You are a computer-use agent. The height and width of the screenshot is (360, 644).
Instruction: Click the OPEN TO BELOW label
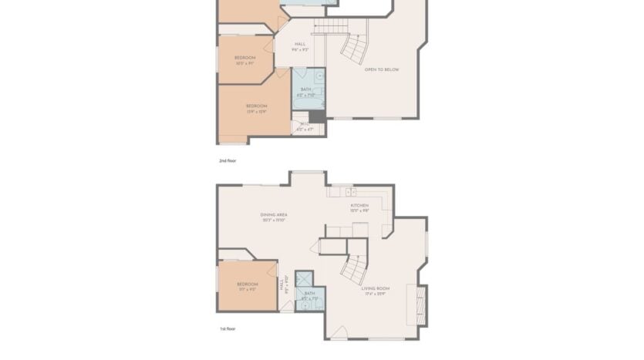[x=381, y=69]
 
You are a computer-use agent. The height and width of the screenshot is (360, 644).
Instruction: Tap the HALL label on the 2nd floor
[x=300, y=44]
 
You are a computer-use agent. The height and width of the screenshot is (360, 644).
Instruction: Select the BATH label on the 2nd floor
[x=306, y=89]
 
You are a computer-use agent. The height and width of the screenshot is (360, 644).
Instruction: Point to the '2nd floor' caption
[x=227, y=160]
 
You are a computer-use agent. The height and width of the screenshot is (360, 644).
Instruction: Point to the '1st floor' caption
[x=226, y=328]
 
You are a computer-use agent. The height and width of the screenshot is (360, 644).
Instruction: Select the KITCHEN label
[x=359, y=206]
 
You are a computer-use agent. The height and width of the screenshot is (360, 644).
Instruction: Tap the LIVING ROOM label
[x=378, y=288]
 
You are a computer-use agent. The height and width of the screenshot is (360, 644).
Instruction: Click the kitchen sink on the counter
[x=349, y=190]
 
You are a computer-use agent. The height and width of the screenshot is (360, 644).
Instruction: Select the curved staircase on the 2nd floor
[x=356, y=49]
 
